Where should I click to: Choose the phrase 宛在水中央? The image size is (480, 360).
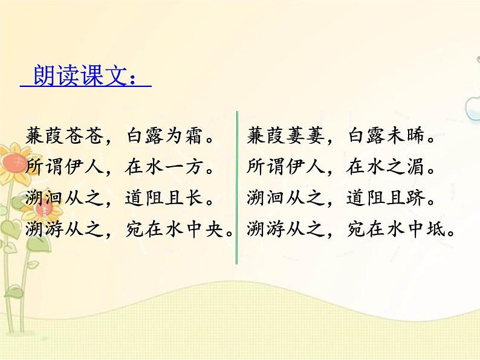point(175,228)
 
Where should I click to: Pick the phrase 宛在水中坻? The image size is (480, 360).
point(397,228)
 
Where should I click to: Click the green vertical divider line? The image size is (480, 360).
point(237,187)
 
